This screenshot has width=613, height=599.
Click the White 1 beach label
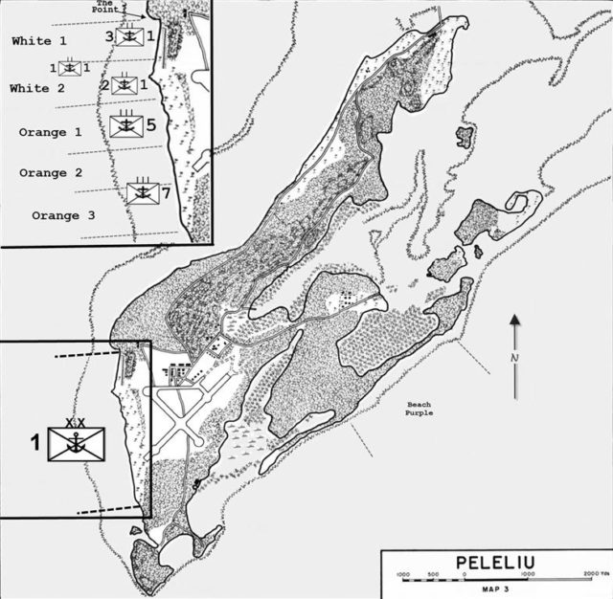pyautogui.click(x=39, y=42)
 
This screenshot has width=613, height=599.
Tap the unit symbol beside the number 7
pyautogui.click(x=142, y=193)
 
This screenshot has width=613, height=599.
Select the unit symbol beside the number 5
pyautogui.click(x=125, y=125)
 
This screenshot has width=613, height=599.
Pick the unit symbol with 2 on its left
pyautogui.click(x=123, y=85)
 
